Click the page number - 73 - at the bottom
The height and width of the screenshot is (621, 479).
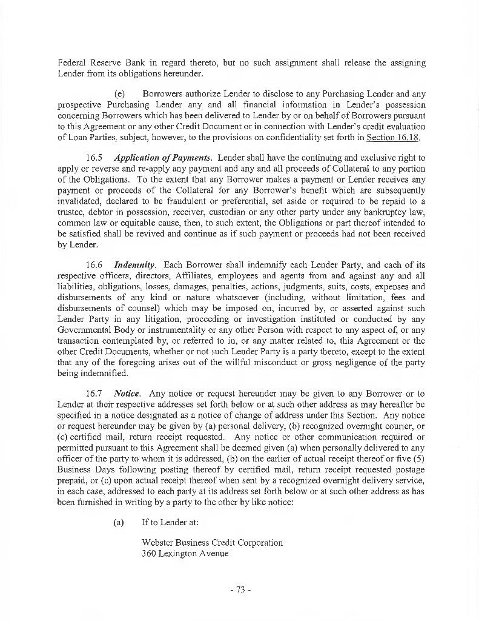click(x=240, y=589)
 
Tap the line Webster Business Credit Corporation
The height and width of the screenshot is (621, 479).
click(x=212, y=543)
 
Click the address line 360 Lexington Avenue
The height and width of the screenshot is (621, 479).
click(x=185, y=554)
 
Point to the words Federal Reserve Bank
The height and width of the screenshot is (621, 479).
click(x=99, y=62)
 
